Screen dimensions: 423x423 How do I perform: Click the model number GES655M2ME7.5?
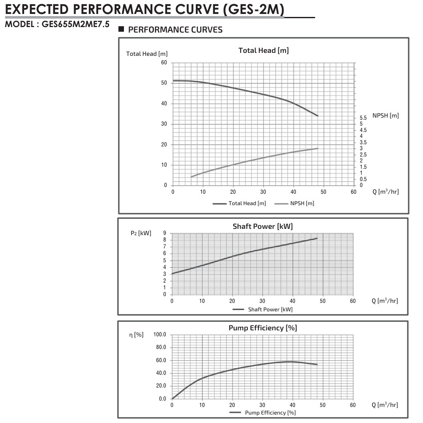click(x=76, y=24)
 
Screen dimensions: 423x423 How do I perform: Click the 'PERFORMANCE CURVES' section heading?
click(x=175, y=30)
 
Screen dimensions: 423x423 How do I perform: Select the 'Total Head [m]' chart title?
click(x=264, y=50)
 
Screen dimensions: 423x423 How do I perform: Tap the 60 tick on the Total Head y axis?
click(x=164, y=63)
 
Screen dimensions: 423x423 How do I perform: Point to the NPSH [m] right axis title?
click(x=385, y=115)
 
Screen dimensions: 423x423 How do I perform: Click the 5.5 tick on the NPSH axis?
click(x=363, y=118)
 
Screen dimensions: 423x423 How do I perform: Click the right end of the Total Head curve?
click(x=318, y=115)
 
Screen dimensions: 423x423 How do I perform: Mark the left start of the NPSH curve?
click(x=191, y=176)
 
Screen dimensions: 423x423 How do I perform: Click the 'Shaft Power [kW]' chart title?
click(x=262, y=226)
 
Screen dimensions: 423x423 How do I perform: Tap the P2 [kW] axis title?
click(x=141, y=233)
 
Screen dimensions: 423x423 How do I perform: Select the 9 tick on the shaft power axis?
click(x=164, y=233)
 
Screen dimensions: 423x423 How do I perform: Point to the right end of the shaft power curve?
click(x=317, y=238)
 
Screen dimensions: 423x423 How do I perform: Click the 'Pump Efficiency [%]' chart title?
click(x=262, y=328)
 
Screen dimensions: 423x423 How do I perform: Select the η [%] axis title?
click(x=136, y=335)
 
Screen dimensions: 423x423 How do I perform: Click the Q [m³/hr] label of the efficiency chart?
click(x=385, y=405)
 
